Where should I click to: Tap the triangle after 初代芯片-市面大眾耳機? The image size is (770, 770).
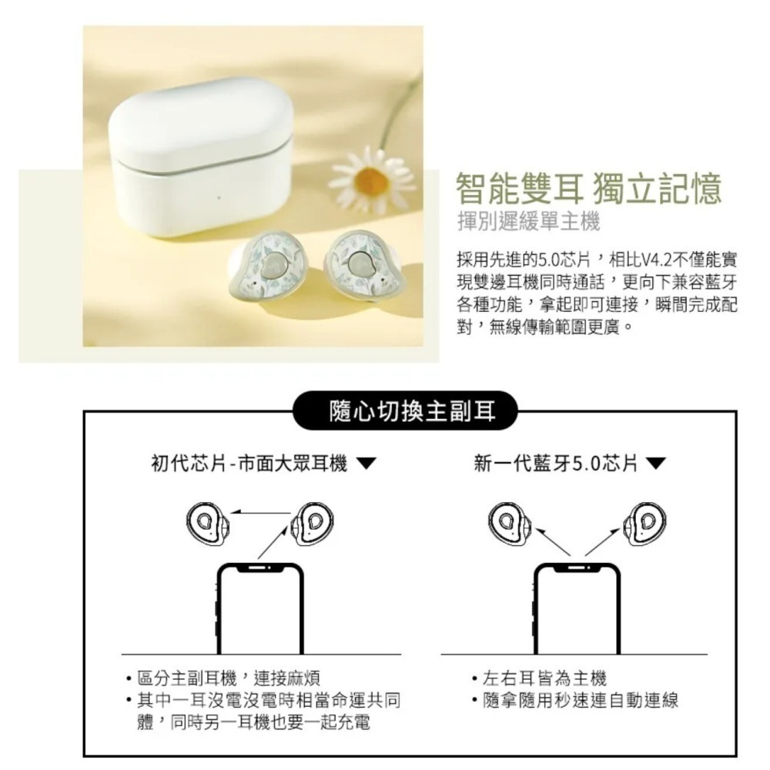click(367, 464)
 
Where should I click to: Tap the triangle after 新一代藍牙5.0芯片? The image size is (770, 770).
click(656, 464)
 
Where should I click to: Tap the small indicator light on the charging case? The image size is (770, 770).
click(219, 199)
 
